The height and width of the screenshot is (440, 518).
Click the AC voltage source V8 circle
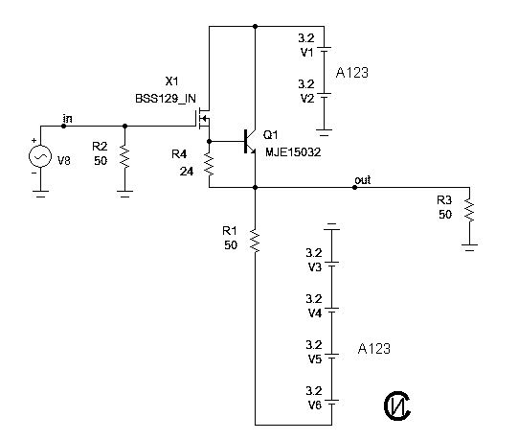point(40,156)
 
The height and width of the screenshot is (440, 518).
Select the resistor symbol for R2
point(124,158)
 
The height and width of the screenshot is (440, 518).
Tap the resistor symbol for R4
point(209,165)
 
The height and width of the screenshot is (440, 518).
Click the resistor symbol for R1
point(255,241)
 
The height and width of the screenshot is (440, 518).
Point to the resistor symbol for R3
point(469,209)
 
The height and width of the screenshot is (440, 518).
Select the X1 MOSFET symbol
point(204,119)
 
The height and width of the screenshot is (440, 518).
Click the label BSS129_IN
point(166,99)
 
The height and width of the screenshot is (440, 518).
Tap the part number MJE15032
point(293,151)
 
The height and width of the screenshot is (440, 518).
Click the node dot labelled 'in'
point(64,126)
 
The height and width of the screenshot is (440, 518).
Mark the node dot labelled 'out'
point(354,187)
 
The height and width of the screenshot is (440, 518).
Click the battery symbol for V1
point(324,49)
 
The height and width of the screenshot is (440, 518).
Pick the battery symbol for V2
point(324,95)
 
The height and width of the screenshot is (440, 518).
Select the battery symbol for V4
point(332,310)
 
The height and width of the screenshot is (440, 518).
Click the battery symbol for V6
point(332,402)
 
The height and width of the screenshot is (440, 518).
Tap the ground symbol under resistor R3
point(469,247)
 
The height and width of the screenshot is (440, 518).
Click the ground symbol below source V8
point(40,194)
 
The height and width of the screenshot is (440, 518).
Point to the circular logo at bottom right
point(397,405)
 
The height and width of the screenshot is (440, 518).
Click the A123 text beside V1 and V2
point(351,73)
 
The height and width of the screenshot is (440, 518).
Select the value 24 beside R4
point(187,172)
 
